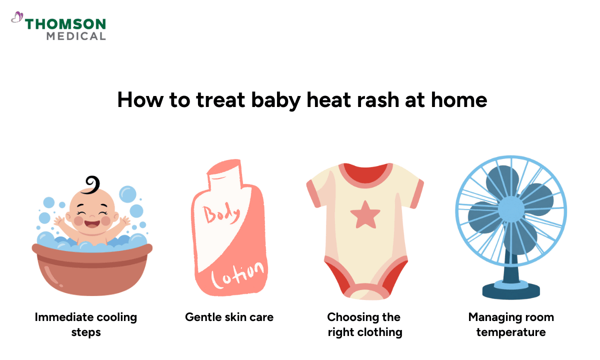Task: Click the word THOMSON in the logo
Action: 65,23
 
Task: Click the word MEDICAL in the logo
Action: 75,36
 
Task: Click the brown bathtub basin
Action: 92,272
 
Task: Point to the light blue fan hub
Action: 511,209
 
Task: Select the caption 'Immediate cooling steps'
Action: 86,324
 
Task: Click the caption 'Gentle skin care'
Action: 229,316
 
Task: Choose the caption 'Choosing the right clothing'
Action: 364,324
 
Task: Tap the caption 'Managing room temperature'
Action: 511,324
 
